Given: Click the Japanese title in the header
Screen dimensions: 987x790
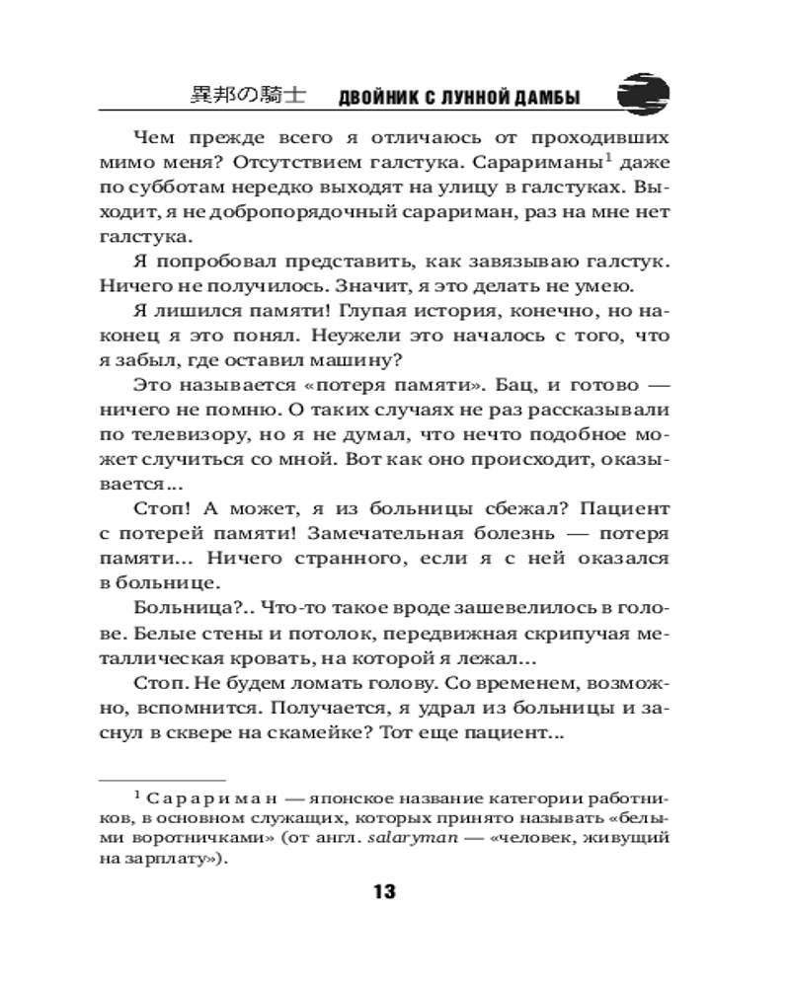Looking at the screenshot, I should (246, 95).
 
